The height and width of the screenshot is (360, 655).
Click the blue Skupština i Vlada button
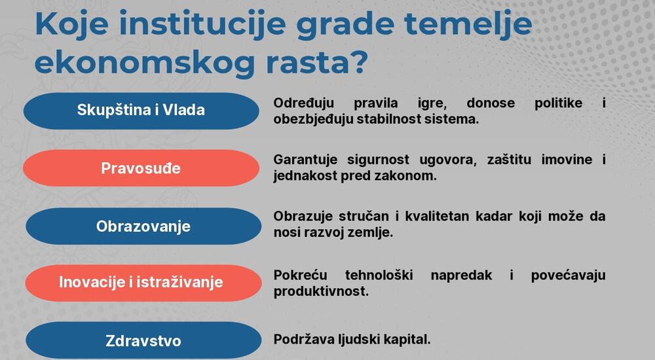[141, 110]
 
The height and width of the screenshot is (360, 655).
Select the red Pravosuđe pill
[141, 168]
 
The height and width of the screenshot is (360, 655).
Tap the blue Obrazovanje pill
[143, 226]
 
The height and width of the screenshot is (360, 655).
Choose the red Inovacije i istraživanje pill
[141, 282]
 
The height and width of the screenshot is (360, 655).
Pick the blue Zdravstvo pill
[143, 341]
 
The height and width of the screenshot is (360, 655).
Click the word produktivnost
[321, 291]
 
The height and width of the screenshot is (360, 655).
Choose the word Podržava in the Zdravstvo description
[303, 340]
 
